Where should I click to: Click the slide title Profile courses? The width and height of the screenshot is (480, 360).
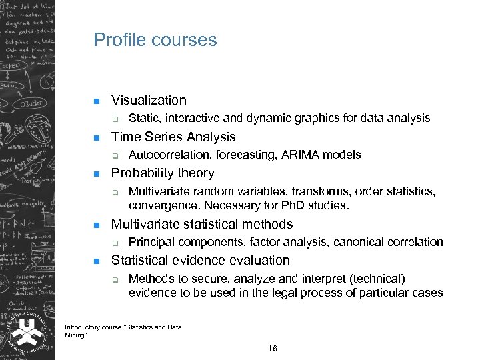click(x=155, y=40)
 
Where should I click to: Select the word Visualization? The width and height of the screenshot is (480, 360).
click(x=149, y=101)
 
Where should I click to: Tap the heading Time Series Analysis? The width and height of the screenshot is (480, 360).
click(x=173, y=137)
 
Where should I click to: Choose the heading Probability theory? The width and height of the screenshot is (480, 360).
click(x=163, y=173)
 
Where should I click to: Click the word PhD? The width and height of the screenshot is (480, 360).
click(x=291, y=205)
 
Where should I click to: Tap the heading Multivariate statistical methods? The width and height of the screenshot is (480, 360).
click(x=202, y=224)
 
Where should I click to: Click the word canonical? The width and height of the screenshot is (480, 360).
click(x=357, y=242)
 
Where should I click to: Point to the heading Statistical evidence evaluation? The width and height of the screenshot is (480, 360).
click(x=201, y=260)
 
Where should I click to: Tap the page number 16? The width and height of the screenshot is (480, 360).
click(x=272, y=349)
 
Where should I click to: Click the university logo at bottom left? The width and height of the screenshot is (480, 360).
click(x=27, y=331)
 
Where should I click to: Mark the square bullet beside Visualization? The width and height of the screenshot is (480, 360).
click(x=96, y=101)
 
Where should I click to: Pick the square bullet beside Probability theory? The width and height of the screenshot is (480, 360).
click(x=96, y=174)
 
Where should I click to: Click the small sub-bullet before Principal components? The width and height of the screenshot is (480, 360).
click(x=115, y=243)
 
